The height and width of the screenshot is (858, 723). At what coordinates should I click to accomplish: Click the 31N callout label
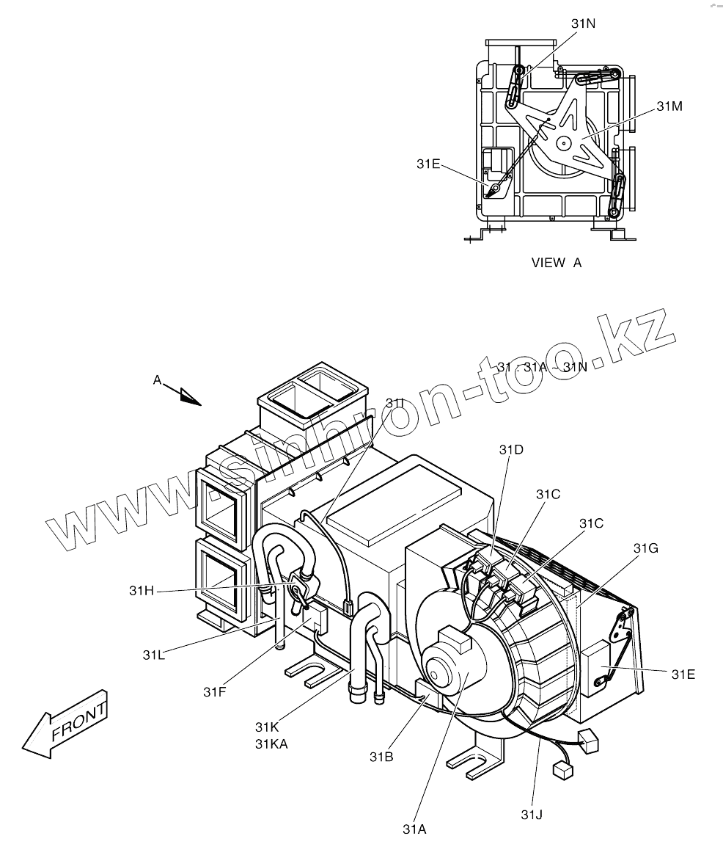click(x=583, y=23)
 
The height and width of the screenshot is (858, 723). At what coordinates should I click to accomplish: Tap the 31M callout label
click(x=669, y=106)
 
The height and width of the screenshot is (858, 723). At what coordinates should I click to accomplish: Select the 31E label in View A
click(x=428, y=164)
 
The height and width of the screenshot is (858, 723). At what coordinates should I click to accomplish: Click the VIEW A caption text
click(x=556, y=263)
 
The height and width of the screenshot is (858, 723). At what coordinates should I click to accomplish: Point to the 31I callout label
click(x=394, y=403)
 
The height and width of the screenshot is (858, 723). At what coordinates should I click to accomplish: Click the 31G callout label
click(x=646, y=548)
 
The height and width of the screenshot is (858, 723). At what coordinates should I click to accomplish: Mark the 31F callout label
click(x=215, y=691)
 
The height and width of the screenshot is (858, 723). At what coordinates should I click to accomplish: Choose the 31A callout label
click(x=414, y=829)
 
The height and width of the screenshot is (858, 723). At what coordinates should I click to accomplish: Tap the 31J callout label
click(x=533, y=814)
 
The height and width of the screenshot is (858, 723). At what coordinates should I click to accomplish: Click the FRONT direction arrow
click(x=66, y=723)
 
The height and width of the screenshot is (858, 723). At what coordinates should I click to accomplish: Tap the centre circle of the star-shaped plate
click(x=564, y=143)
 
